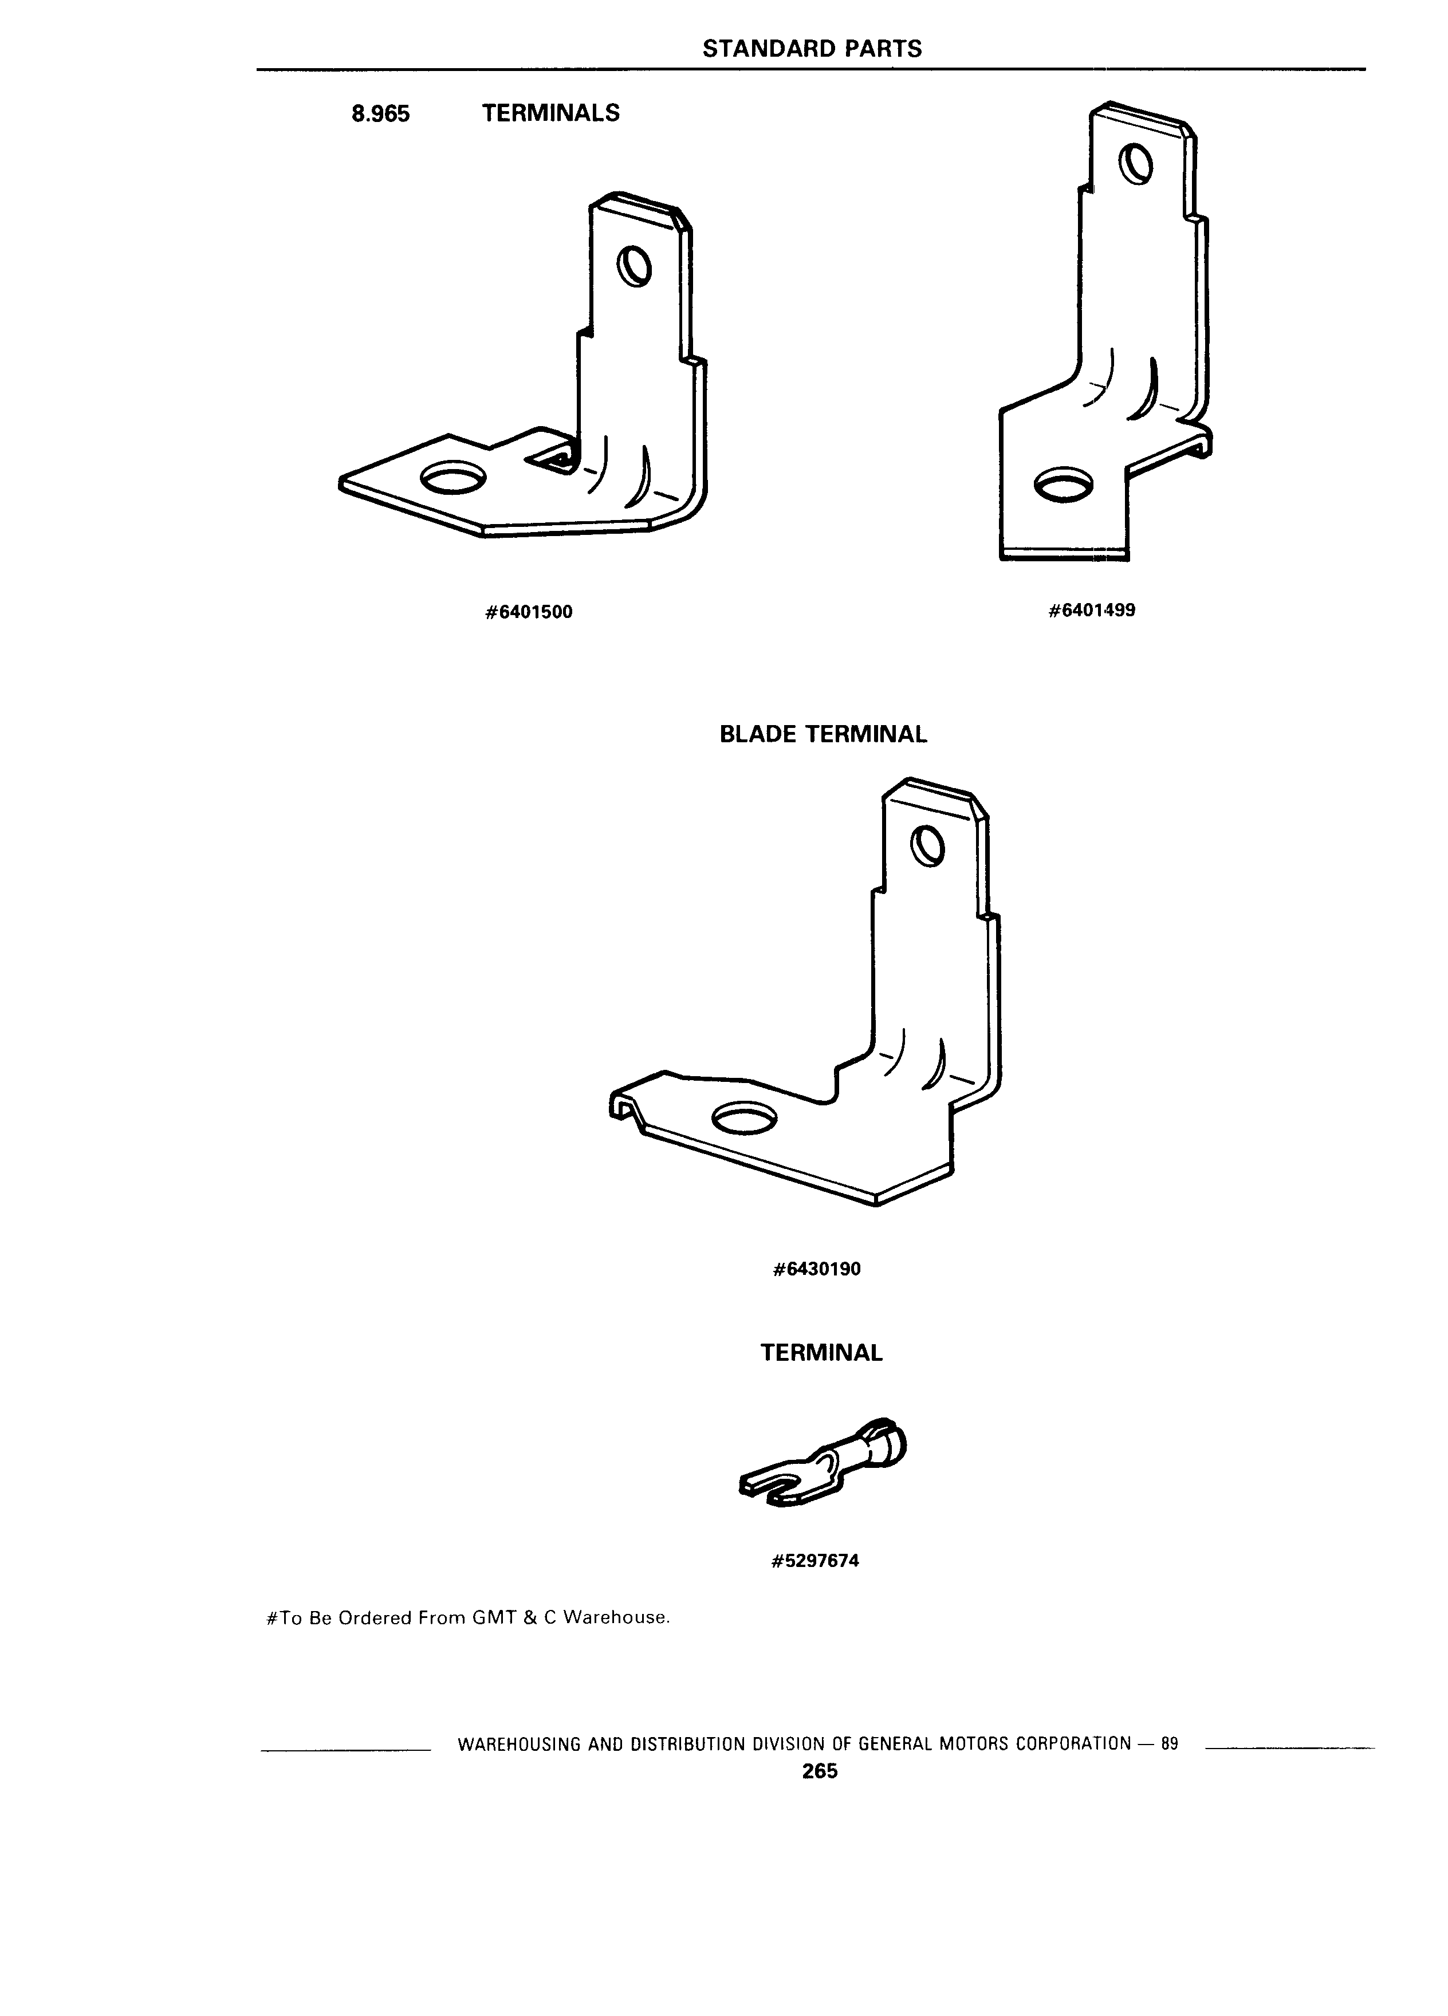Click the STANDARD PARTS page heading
(812, 49)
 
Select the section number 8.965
(380, 114)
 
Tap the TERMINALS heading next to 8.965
(550, 113)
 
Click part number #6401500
(529, 612)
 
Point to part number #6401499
(1092, 611)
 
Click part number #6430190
(817, 1269)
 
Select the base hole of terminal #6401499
(1065, 483)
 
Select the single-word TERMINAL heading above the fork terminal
(821, 1353)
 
